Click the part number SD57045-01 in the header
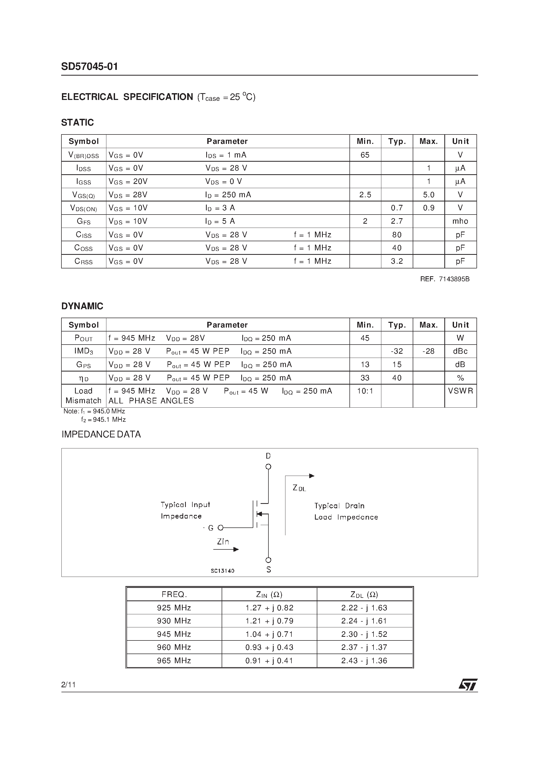coord(89,67)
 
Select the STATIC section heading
coord(77,123)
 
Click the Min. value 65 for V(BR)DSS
coord(365,155)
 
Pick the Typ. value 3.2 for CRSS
coord(397,261)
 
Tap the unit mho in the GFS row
coord(460,221)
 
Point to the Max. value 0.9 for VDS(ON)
coord(428,208)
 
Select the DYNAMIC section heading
coord(82,306)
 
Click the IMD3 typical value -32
coord(397,351)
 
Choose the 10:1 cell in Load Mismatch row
coord(365,391)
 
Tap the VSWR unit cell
coord(460,391)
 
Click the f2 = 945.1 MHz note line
coord(103,419)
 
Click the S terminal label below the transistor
coord(269,570)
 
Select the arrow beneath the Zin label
coord(226,549)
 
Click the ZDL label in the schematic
coord(299,488)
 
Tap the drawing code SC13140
coord(222,571)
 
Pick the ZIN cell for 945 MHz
coord(269,634)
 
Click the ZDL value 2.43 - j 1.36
coord(364,660)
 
